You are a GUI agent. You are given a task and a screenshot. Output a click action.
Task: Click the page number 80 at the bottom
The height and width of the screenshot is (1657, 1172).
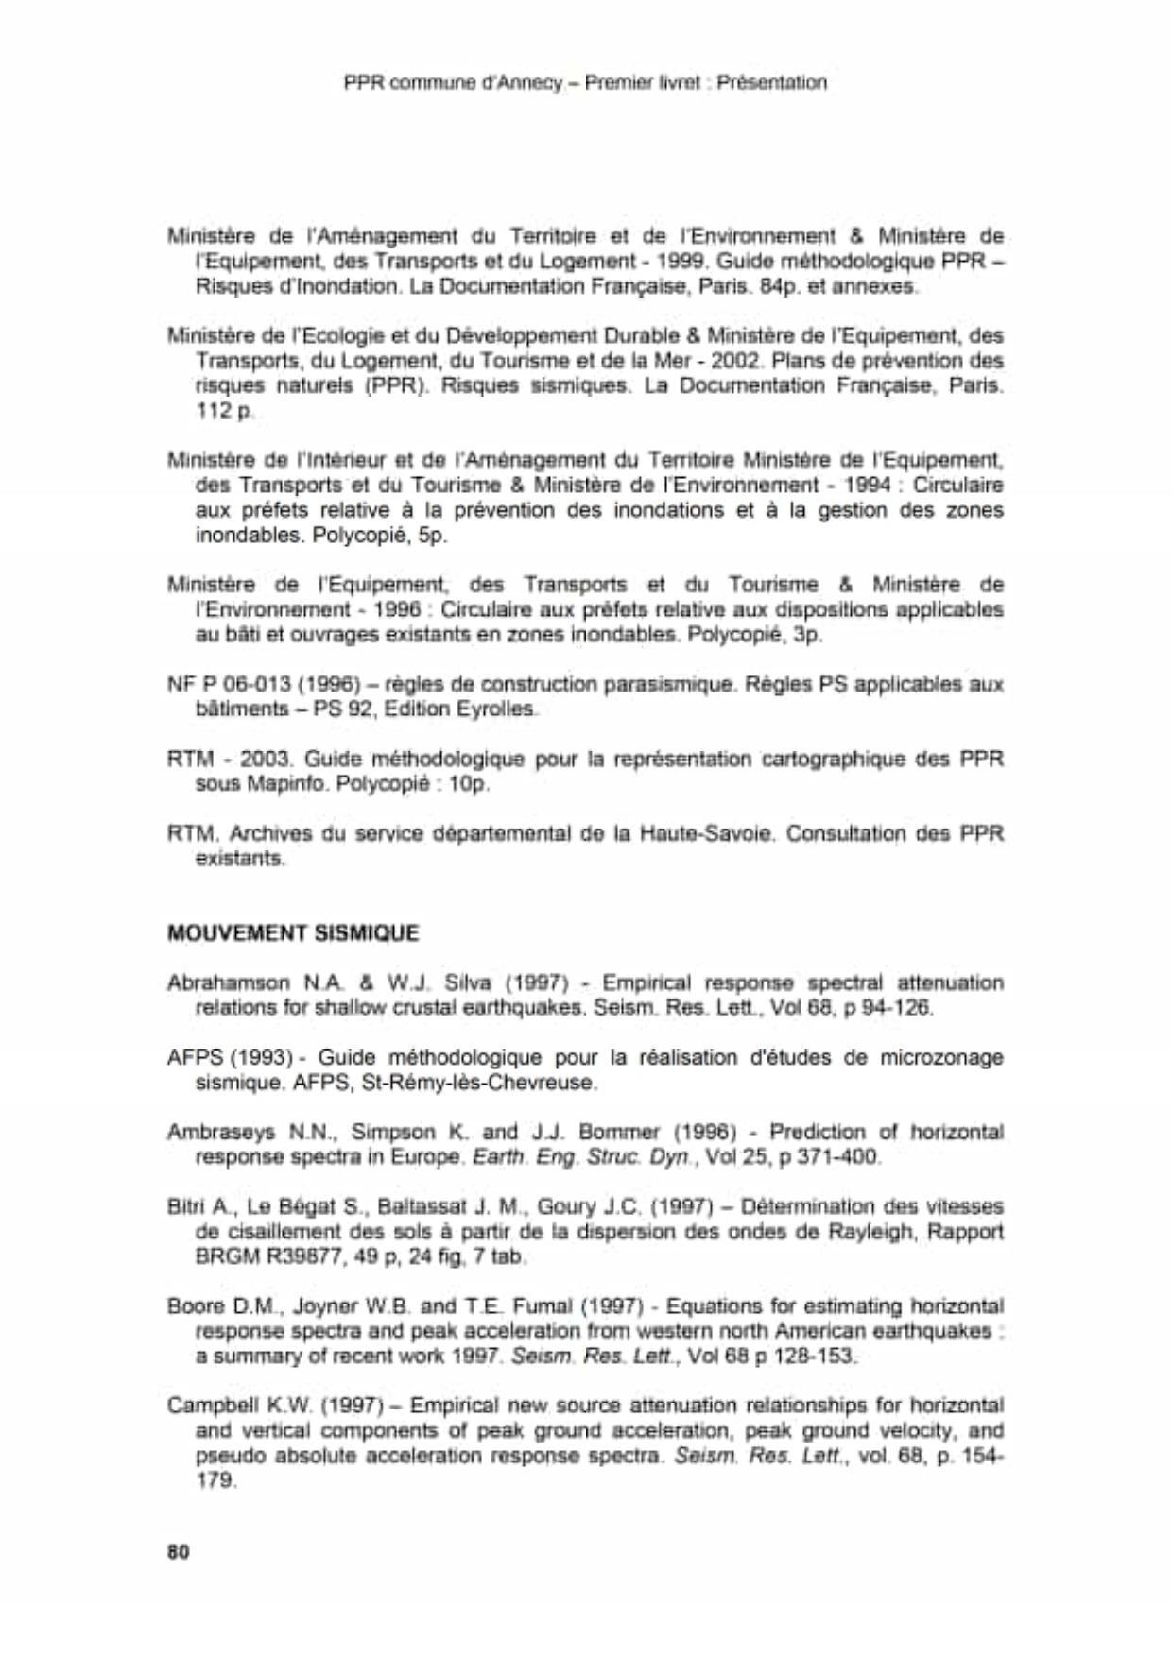178,1552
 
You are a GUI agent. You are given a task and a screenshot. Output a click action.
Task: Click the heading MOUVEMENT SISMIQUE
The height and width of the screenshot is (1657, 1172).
292,933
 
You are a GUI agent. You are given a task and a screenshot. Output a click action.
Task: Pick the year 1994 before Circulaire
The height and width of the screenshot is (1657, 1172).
869,486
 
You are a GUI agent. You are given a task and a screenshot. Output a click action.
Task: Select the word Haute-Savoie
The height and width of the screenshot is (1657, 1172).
707,834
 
